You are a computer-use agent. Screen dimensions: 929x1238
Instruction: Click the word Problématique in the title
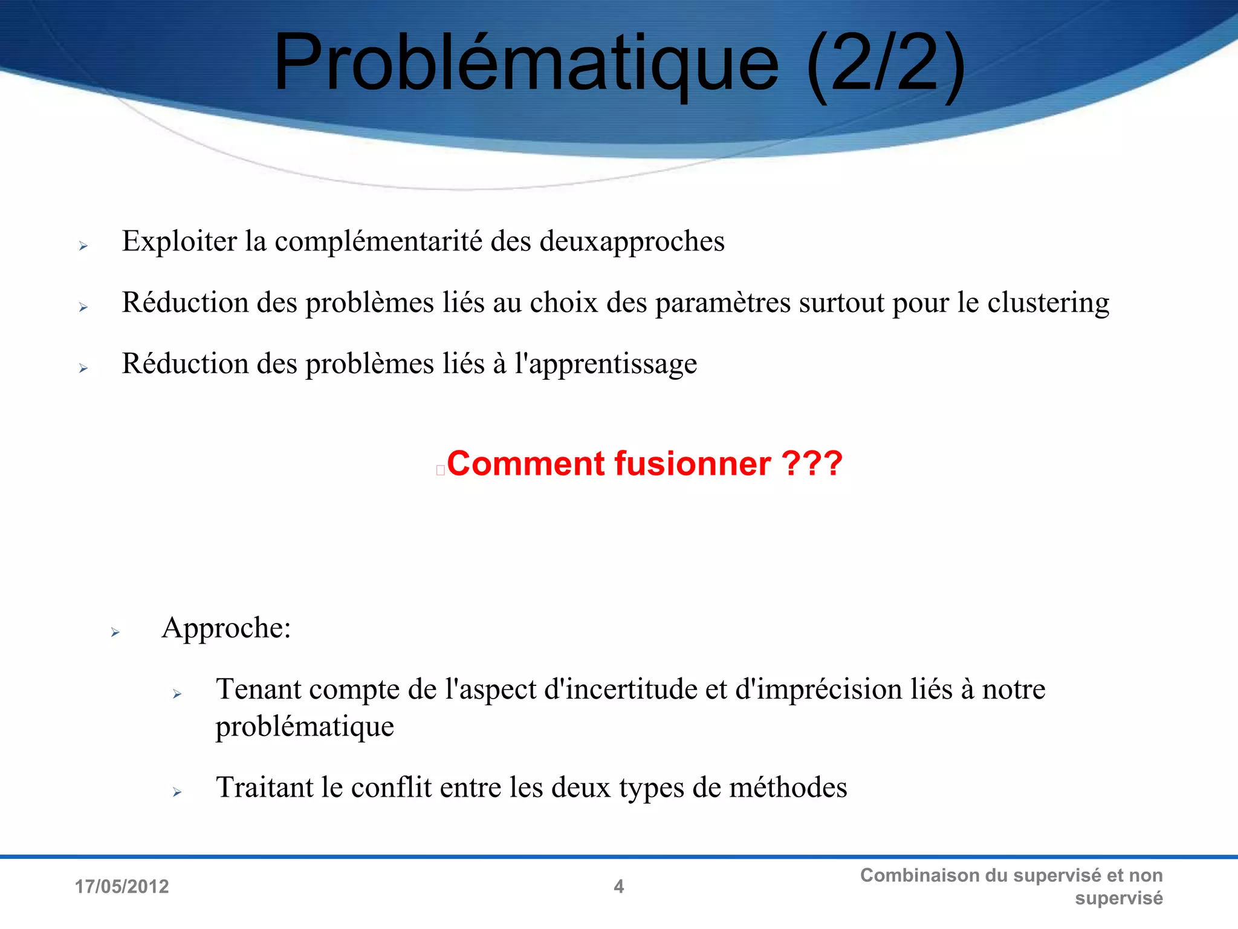click(526, 64)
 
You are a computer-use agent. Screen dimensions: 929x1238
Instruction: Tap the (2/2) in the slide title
click(886, 64)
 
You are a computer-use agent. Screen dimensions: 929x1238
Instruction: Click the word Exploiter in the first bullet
click(180, 241)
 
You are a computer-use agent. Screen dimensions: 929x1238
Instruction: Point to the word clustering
click(1048, 303)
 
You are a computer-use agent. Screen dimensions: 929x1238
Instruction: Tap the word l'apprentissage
click(605, 364)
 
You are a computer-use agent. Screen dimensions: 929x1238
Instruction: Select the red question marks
click(812, 464)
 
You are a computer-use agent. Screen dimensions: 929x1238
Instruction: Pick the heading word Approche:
click(226, 628)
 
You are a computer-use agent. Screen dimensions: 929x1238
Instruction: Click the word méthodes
click(788, 787)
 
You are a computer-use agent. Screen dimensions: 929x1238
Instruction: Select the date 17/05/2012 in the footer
click(122, 887)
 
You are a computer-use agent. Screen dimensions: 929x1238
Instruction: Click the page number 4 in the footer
click(618, 887)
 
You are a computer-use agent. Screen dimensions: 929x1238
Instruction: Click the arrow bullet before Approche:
click(115, 633)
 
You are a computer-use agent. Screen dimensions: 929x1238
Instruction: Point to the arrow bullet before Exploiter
click(83, 246)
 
